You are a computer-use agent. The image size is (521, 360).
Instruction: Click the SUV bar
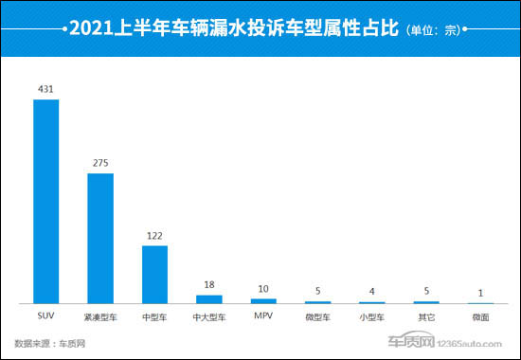pos(46,201)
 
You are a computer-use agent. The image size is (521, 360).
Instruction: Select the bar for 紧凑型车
pos(100,238)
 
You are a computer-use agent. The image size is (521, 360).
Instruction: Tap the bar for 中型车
pos(154,274)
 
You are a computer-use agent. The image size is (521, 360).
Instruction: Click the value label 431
pos(46,90)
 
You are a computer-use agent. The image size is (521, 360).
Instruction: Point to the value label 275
pos(100,163)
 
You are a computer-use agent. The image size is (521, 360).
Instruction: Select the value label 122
pos(154,235)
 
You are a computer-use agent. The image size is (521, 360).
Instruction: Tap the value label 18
pos(208,272)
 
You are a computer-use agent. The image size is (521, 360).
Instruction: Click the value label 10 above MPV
pos(262,288)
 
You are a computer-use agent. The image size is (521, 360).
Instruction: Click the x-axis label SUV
pos(46,316)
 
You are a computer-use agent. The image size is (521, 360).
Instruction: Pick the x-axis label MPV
pos(262,316)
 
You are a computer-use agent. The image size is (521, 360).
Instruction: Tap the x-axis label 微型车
pos(317,316)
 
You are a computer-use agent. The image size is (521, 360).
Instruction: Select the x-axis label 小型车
pos(371,316)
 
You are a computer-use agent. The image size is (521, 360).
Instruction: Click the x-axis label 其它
pos(426,316)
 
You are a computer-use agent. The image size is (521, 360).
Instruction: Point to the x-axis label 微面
pos(480,316)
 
